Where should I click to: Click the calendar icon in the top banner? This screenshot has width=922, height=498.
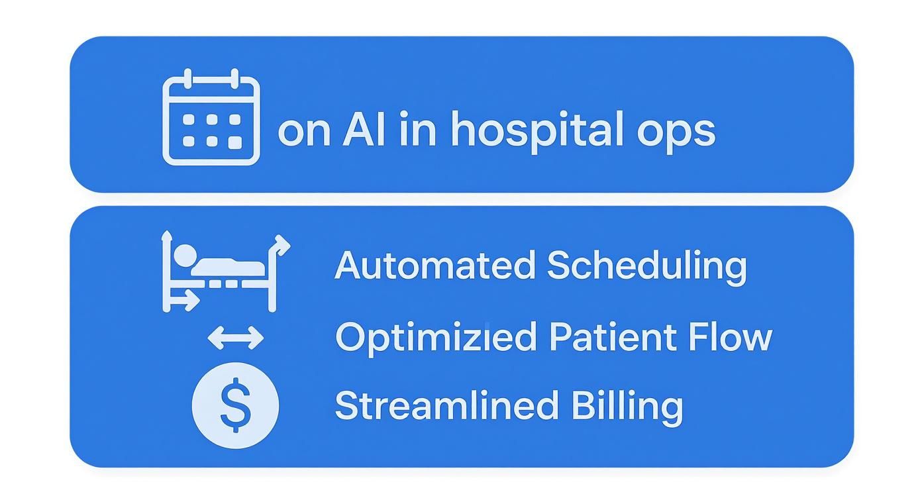click(211, 117)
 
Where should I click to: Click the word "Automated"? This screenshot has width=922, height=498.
click(435, 266)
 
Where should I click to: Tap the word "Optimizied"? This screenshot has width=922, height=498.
click(435, 338)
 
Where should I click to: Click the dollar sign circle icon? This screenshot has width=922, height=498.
click(235, 406)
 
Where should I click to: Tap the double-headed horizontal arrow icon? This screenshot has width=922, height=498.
click(235, 339)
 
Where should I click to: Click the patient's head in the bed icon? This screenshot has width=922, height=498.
click(184, 254)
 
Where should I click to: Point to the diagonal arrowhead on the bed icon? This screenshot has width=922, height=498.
click(283, 244)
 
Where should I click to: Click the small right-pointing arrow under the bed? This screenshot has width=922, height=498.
click(185, 300)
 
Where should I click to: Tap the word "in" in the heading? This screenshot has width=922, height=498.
click(418, 130)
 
